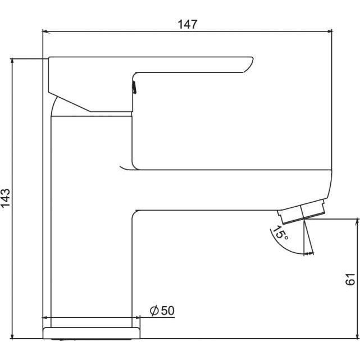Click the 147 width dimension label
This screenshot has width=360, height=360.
188,24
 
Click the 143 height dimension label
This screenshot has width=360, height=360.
6,198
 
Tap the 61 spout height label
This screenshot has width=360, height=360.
350,279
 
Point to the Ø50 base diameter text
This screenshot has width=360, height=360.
162,311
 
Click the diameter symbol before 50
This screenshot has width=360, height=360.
154,311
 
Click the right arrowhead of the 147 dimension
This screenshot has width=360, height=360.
329,31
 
